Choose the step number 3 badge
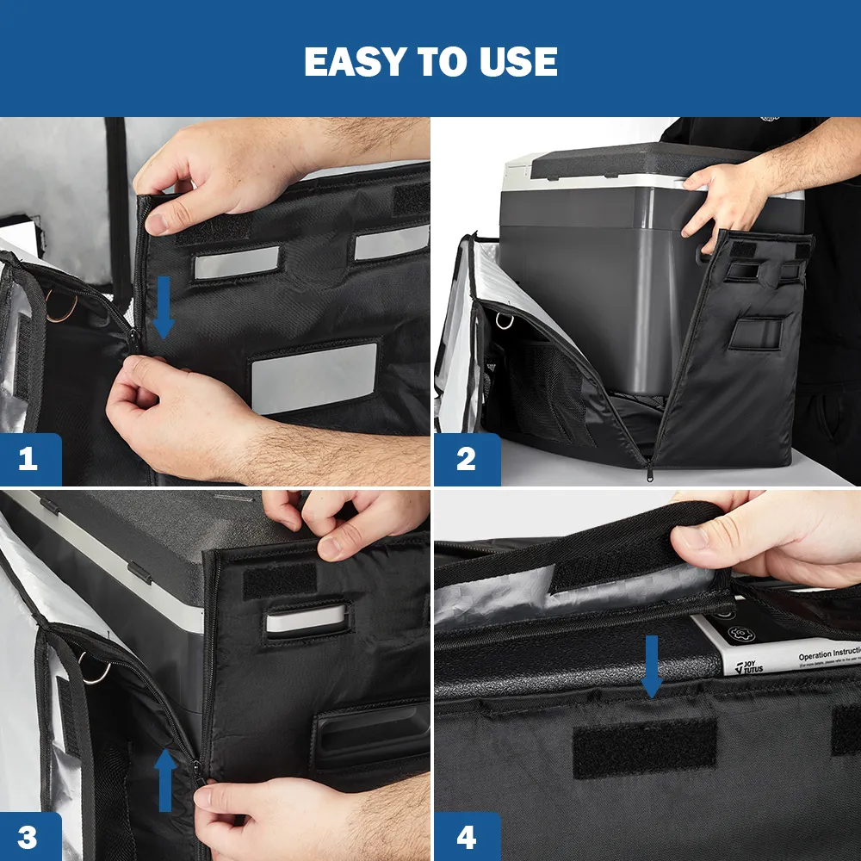coord(28,837)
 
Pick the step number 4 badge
coord(466,837)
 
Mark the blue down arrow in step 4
coord(652,666)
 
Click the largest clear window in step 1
coord(314,377)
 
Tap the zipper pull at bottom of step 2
coord(649,469)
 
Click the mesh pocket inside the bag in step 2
coord(538,392)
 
